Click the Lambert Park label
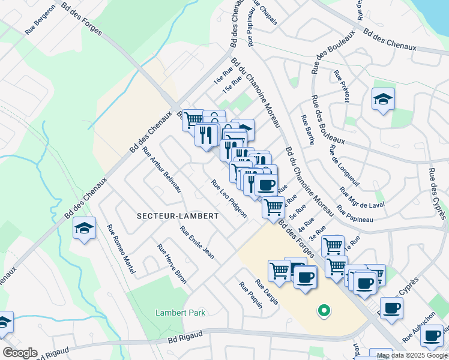point(180,313)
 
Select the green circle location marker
point(324,311)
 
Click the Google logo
point(20,353)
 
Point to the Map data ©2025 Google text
point(412,355)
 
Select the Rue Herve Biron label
point(172,263)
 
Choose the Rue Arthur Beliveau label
point(161,169)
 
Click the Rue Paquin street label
point(251,295)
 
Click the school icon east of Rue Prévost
point(383,98)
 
